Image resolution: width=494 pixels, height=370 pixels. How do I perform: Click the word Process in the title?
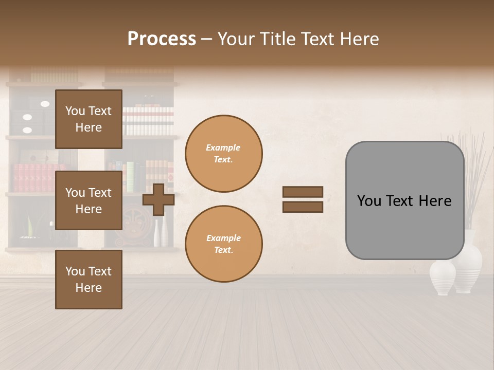click(x=162, y=39)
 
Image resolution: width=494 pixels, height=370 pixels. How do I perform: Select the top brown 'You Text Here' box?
click(x=89, y=119)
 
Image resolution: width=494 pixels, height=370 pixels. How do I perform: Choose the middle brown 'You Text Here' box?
click(x=89, y=200)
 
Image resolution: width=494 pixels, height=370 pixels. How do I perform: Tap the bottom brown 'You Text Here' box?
click(x=89, y=279)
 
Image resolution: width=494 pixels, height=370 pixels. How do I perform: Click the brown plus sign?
click(x=158, y=199)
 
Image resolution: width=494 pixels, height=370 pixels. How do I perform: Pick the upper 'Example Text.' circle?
click(x=223, y=154)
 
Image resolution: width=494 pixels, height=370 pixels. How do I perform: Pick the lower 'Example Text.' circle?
click(x=223, y=244)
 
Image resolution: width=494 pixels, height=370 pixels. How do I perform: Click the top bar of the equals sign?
click(x=303, y=192)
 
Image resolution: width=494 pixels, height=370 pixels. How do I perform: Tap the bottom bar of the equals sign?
click(x=303, y=207)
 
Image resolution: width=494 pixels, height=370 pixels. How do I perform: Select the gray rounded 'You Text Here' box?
click(x=404, y=200)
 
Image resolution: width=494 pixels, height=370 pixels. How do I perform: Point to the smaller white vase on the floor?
click(x=442, y=277)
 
